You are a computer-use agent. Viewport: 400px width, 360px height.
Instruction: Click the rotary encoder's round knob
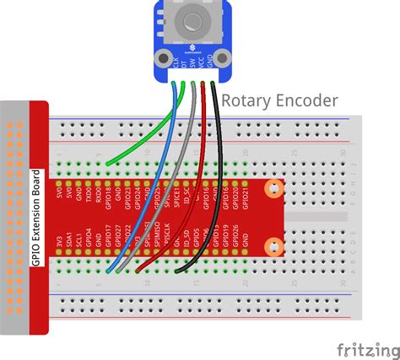193,19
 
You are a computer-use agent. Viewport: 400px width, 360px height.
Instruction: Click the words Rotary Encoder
279,100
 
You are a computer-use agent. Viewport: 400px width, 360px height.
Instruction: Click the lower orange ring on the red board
273,247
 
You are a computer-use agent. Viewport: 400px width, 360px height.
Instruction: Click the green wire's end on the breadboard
100,164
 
